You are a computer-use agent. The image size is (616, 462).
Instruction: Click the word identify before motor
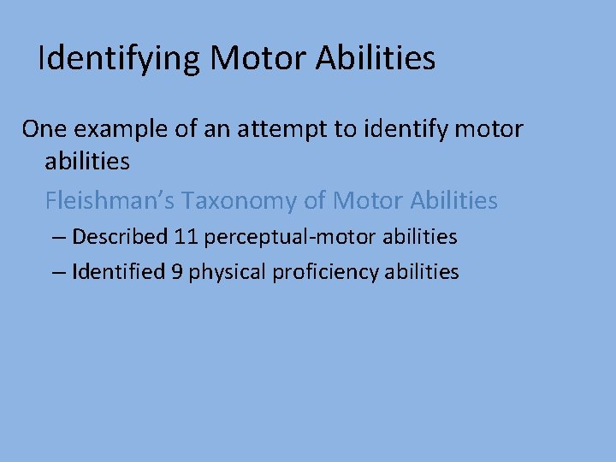pos(419,130)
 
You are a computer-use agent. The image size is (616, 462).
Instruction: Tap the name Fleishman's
pos(112,201)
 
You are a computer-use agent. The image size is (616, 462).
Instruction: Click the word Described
pos(120,236)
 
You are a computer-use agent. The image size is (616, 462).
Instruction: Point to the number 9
pos(177,272)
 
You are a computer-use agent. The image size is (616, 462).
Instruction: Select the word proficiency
pos(327,273)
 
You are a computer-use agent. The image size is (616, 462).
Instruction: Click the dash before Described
pos(58,237)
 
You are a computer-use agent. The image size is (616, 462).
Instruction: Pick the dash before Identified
pos(58,273)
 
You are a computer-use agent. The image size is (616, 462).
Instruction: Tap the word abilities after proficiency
pos(423,272)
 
